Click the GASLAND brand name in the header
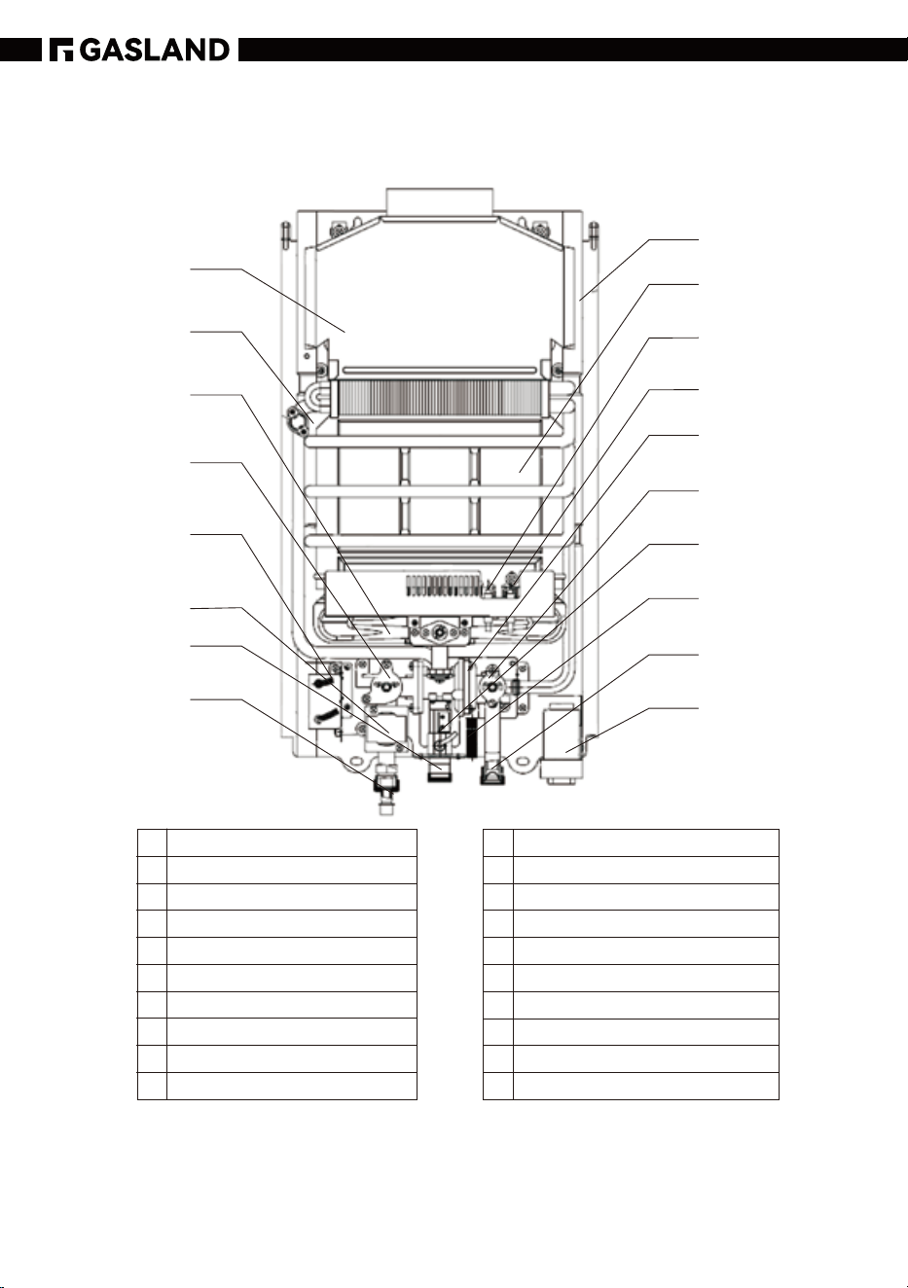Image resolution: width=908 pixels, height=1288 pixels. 155,50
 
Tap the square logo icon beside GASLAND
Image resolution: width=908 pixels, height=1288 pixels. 61,50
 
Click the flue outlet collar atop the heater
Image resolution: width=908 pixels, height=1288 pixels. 441,201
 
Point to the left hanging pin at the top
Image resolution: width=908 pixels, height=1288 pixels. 285,234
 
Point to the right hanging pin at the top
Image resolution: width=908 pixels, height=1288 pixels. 594,234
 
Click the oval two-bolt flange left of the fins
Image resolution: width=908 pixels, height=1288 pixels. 296,420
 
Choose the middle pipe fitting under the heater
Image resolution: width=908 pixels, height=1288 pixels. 441,770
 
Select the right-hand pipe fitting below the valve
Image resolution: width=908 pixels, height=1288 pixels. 492,770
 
